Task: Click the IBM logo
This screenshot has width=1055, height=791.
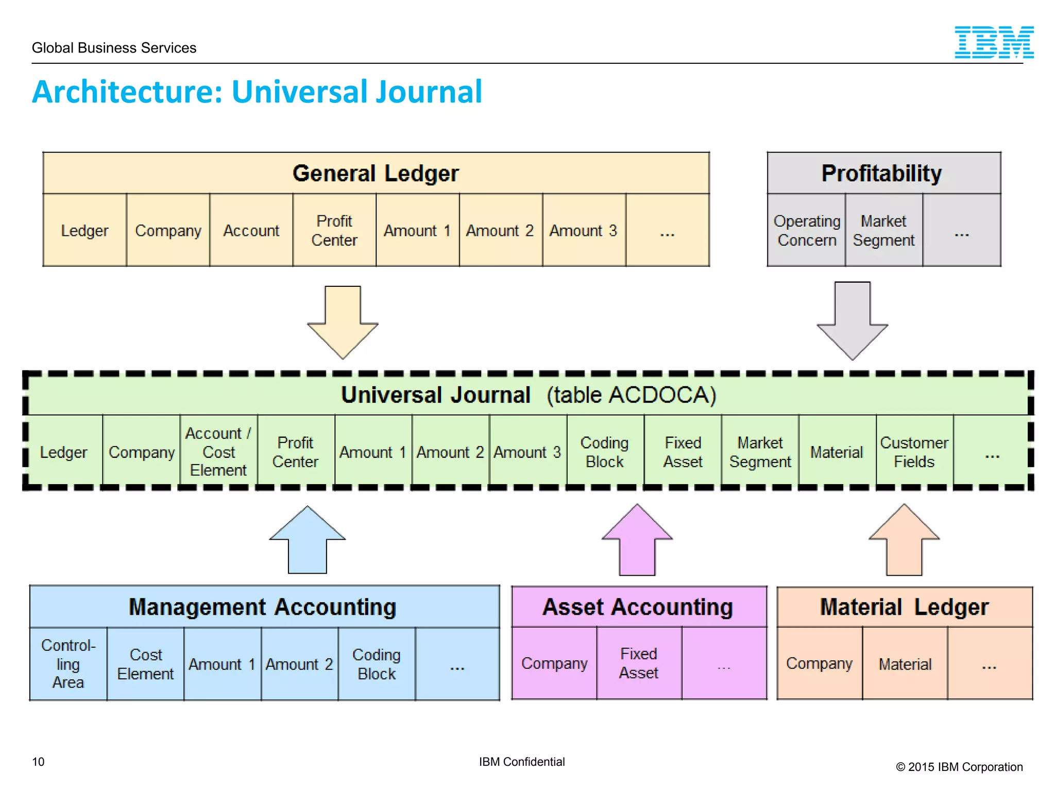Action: tap(994, 42)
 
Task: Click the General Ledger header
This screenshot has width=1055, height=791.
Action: tap(376, 174)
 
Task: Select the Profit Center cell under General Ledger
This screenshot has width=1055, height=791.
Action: tap(334, 230)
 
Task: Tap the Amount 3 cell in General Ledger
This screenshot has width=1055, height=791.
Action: tap(584, 230)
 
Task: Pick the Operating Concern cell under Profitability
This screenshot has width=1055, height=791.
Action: tap(806, 230)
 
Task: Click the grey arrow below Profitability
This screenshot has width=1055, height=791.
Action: tap(853, 320)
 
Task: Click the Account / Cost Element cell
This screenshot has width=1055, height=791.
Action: tap(218, 452)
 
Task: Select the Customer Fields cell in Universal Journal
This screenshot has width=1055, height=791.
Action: tap(914, 452)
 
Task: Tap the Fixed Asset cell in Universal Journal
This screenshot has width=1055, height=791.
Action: tap(683, 452)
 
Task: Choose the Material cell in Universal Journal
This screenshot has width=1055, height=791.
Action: tap(837, 452)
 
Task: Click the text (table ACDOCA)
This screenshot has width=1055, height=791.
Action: tap(631, 395)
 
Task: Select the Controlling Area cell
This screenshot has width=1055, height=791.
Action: tap(68, 664)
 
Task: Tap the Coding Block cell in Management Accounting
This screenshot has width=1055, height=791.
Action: tap(377, 664)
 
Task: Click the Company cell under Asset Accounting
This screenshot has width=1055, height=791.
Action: tap(554, 663)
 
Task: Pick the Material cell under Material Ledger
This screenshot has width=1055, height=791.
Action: tap(905, 664)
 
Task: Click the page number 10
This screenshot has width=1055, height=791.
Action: tap(38, 762)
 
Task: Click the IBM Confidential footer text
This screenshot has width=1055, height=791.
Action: tap(522, 762)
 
